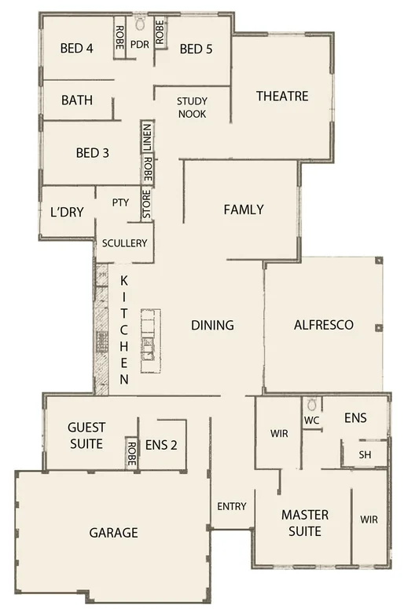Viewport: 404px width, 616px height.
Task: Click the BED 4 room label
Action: (x=77, y=49)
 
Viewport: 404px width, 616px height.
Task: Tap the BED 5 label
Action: (x=196, y=49)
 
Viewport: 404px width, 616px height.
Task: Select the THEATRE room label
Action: (x=282, y=97)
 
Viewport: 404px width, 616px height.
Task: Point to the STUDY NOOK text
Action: (x=192, y=107)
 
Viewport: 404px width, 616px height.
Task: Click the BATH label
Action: (x=76, y=100)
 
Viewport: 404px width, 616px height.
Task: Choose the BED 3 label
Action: (x=92, y=153)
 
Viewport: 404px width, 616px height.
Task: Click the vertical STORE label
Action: (x=145, y=203)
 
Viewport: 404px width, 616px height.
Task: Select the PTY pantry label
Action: (x=120, y=202)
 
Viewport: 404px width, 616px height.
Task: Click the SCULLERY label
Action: (x=124, y=243)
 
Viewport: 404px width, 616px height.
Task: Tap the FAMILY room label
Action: (x=243, y=210)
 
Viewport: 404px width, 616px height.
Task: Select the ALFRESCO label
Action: (x=323, y=324)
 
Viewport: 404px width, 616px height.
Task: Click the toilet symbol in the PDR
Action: (x=140, y=19)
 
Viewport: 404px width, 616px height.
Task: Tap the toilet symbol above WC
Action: (x=312, y=405)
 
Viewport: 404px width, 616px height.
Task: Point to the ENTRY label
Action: (x=231, y=506)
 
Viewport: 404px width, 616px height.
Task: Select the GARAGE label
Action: (x=113, y=533)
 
